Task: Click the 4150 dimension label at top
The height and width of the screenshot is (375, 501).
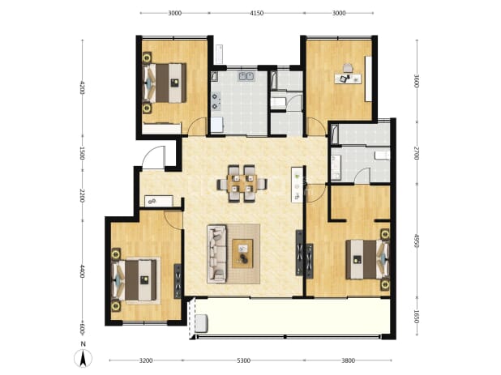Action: (x=256, y=13)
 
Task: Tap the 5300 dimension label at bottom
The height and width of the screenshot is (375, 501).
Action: (x=243, y=360)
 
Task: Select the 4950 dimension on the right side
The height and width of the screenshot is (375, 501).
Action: (x=417, y=241)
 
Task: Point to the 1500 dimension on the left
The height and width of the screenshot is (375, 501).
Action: (x=82, y=153)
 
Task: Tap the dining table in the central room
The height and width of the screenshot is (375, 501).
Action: (x=242, y=184)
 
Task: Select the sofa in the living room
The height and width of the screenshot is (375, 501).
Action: (x=217, y=254)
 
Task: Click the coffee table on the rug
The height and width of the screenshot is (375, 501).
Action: (x=243, y=254)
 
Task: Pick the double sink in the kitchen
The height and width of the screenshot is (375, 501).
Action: (x=246, y=76)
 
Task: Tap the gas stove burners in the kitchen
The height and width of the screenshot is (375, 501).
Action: (x=216, y=101)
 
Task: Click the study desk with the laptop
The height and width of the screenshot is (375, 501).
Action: (x=348, y=79)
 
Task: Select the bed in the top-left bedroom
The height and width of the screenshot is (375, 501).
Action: (x=165, y=83)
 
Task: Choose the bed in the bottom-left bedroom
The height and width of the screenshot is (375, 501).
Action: (x=135, y=280)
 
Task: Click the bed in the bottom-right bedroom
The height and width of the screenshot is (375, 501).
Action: (x=368, y=259)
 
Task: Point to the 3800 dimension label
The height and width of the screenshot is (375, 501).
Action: (x=348, y=360)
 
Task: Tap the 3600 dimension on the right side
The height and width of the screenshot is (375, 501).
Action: (x=417, y=81)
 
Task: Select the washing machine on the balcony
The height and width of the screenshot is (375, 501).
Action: (x=202, y=323)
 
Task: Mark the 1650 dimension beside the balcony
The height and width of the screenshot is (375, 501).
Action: (x=417, y=316)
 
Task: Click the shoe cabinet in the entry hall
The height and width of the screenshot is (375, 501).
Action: (x=159, y=201)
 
